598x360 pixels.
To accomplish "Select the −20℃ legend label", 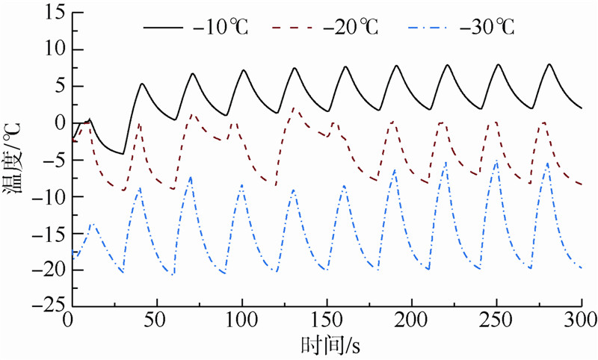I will (x=351, y=29).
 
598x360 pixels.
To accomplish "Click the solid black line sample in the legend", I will (x=164, y=29).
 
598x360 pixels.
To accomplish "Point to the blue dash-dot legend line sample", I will (x=431, y=29).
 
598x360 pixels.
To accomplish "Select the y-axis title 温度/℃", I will (x=16, y=161).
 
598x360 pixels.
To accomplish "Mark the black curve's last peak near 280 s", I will (x=549, y=64).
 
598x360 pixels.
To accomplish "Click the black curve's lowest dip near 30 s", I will (x=123, y=154).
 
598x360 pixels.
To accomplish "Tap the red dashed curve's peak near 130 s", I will (x=293, y=108).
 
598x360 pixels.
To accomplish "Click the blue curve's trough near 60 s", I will (x=173, y=275).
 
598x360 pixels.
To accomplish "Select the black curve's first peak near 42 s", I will (x=141, y=84).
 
